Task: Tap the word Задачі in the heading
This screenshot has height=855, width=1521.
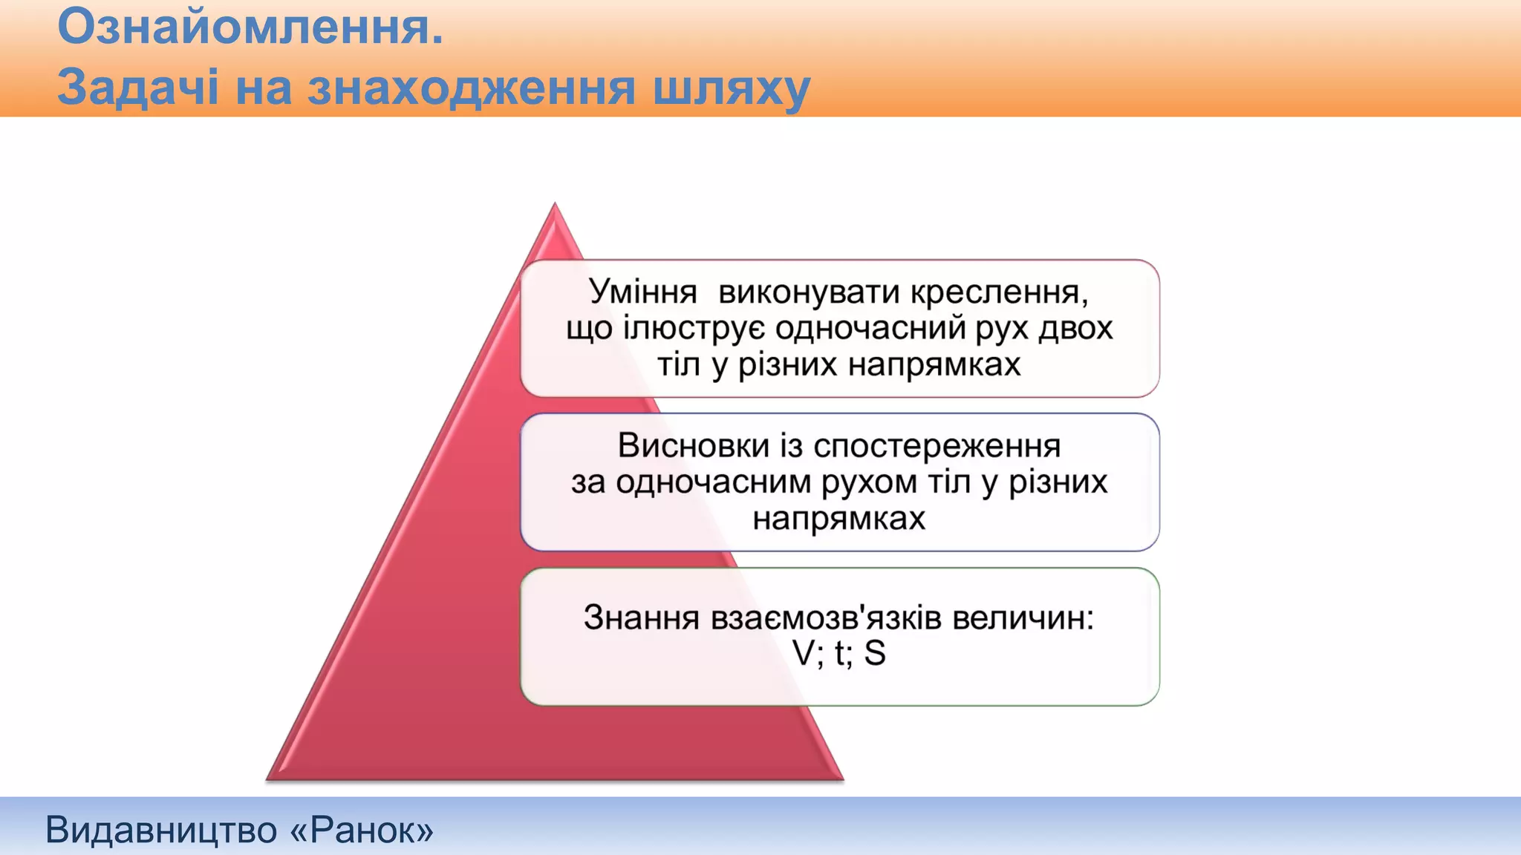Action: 137,87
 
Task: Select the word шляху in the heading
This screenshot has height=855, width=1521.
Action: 732,88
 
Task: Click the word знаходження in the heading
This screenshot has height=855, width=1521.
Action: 472,88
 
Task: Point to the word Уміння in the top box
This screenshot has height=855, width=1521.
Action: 642,292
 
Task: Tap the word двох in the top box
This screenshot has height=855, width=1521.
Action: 1075,328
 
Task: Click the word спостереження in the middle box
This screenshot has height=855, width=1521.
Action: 937,445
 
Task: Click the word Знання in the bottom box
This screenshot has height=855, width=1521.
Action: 641,617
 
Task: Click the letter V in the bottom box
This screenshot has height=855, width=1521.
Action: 804,653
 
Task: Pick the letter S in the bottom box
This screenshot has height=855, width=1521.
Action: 875,653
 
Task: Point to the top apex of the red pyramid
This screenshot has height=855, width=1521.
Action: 555,206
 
